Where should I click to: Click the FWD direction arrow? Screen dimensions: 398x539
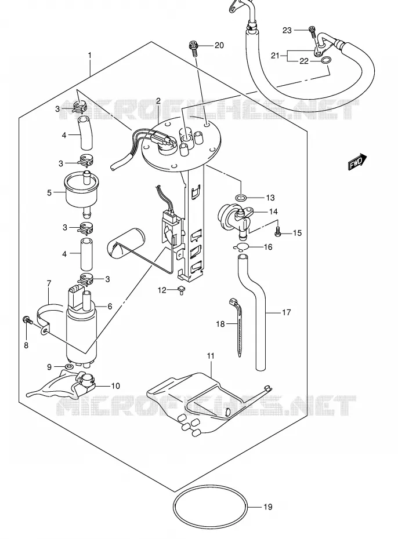click(357, 162)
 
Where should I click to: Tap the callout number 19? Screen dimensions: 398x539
click(267, 507)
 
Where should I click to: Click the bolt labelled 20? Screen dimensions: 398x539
click(194, 48)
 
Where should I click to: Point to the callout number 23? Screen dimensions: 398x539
click(287, 30)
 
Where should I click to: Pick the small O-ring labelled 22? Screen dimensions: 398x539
click(326, 61)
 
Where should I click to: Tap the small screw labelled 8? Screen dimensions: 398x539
click(28, 321)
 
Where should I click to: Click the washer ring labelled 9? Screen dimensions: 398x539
click(69, 367)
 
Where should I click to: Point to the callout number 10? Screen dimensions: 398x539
click(115, 385)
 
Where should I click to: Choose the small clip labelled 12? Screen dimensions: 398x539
click(181, 290)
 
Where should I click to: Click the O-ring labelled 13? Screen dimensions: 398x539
click(241, 198)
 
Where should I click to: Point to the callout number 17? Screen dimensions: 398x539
click(286, 312)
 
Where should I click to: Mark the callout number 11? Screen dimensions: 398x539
click(211, 355)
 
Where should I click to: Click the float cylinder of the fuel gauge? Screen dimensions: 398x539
click(126, 243)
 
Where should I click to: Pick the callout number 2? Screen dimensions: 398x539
click(158, 101)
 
